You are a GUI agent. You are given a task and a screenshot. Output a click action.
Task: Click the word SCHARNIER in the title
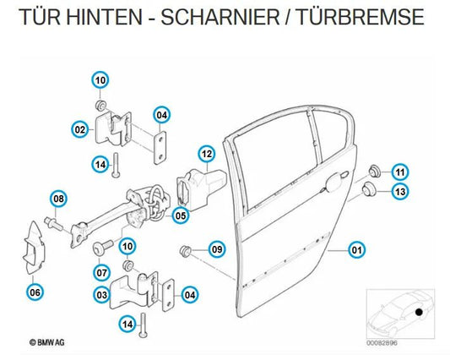click(220, 17)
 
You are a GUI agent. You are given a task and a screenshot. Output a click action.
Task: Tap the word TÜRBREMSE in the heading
click(360, 17)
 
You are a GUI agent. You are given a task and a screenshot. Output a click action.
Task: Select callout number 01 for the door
click(357, 250)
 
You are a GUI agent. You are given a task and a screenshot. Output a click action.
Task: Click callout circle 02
click(80, 129)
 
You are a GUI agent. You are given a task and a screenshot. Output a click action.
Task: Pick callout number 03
click(102, 295)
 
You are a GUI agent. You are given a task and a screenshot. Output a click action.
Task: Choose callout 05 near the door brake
click(181, 215)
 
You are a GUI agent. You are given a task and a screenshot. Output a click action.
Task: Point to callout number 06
click(35, 292)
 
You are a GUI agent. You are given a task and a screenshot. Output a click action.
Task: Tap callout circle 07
click(102, 272)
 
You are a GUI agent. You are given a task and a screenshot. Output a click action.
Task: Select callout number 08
click(59, 199)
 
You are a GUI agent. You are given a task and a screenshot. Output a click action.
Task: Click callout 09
click(217, 249)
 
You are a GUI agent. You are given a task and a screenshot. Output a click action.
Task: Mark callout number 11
click(400, 172)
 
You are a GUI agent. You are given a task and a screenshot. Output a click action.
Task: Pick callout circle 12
click(207, 154)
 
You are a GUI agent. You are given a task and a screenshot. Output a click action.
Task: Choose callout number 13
click(400, 191)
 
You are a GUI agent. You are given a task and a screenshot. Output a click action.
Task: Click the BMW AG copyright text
click(47, 342)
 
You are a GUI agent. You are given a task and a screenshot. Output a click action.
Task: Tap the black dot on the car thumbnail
click(419, 312)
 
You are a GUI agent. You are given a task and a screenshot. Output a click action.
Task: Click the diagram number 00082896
click(382, 343)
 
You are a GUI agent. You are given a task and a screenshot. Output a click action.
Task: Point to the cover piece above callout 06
click(34, 247)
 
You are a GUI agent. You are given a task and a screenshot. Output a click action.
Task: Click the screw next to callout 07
click(103, 247)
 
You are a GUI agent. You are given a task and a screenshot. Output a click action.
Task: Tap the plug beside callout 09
click(185, 250)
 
